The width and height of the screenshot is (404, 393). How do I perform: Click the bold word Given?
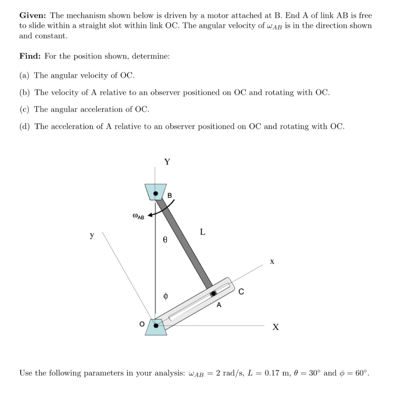tap(33, 16)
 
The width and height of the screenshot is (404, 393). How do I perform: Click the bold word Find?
tap(30, 56)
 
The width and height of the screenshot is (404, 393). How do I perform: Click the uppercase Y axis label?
tap(167, 162)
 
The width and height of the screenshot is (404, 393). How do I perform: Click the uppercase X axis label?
tap(275, 328)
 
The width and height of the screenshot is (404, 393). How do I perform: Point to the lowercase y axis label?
tap(92, 235)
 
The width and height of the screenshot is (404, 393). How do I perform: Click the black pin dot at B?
tap(156, 194)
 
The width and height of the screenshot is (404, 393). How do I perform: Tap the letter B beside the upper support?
tap(170, 196)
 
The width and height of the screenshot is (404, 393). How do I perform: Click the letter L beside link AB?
tap(202, 232)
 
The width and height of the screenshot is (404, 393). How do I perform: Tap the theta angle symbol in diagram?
tap(165, 239)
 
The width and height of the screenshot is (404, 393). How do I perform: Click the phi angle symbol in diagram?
tap(166, 296)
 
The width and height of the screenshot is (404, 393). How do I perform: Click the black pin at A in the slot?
tap(213, 294)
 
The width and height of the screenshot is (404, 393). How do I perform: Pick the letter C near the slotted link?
tap(241, 292)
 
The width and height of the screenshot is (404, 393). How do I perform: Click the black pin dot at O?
tap(157, 326)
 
